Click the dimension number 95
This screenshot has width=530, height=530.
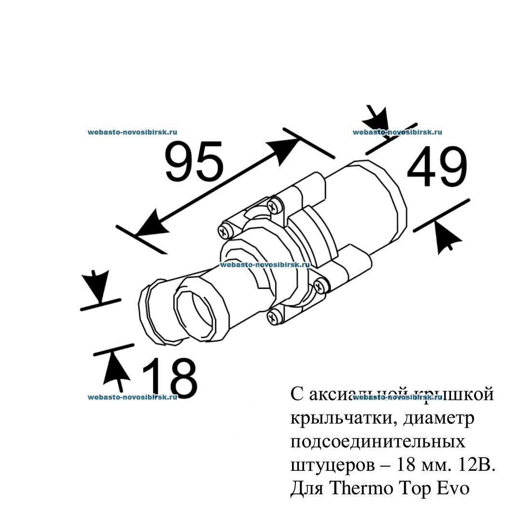pos(194,161)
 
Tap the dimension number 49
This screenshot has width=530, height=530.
pos(437,167)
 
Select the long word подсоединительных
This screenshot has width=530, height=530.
pos(378,442)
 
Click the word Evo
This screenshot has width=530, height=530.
pos(452,488)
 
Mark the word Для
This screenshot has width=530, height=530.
pos(307,489)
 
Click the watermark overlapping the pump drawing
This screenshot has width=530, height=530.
pos(264,265)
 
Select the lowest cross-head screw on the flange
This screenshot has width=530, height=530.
pos(272,317)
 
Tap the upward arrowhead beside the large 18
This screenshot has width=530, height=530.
pos(116,368)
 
